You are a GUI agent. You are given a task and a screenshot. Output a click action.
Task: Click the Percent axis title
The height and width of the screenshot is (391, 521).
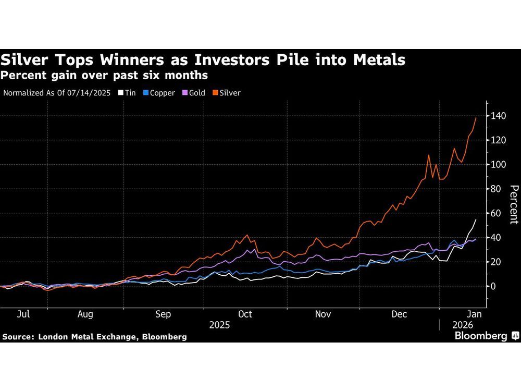[x=513, y=204]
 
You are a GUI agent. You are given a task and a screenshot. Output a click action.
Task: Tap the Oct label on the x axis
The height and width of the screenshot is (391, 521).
[x=245, y=314]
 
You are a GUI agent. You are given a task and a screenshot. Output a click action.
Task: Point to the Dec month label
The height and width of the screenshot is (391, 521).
[x=400, y=314]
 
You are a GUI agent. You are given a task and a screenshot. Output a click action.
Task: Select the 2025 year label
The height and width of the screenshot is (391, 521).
[x=220, y=325]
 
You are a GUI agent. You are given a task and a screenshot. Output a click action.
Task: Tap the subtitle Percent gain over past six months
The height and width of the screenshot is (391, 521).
[x=104, y=76]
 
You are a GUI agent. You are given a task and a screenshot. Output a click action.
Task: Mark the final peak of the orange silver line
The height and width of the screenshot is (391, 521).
[x=476, y=118]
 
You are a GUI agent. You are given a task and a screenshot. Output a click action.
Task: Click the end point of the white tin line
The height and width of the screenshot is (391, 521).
[x=476, y=219]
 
